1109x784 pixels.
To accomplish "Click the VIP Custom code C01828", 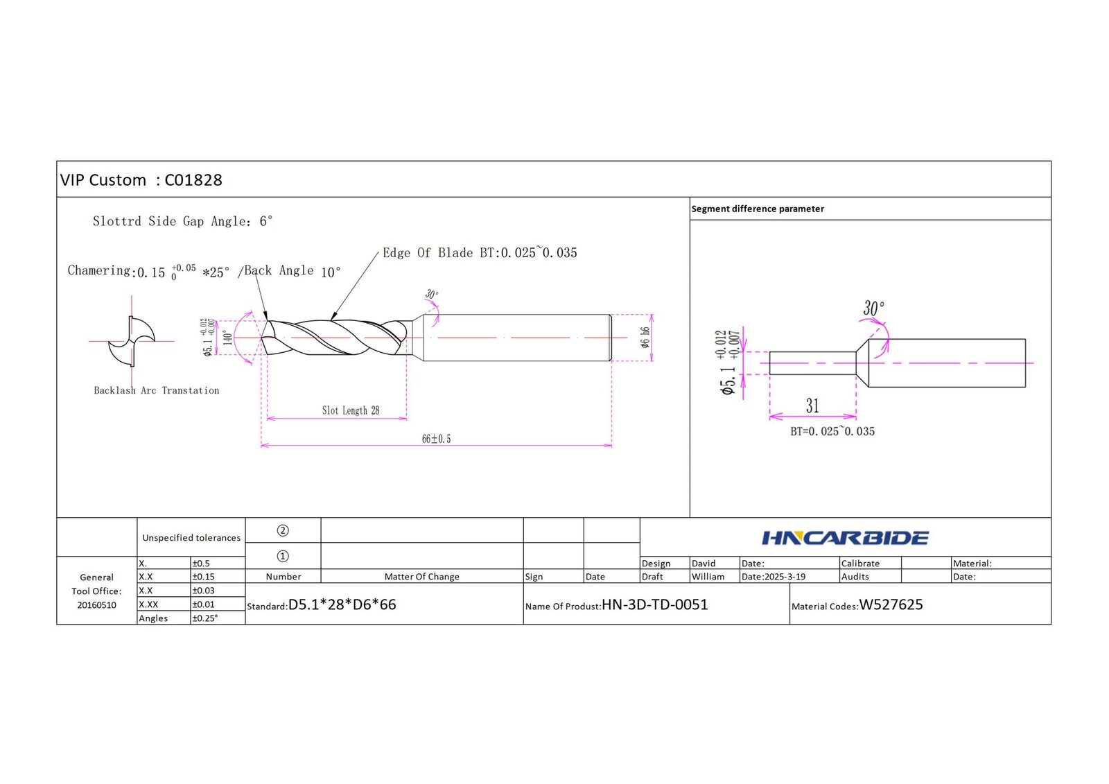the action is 193,180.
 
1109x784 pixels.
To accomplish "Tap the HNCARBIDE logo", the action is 845,538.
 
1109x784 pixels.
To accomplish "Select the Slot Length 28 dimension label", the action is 351,410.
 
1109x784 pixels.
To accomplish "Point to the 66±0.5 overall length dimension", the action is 436,439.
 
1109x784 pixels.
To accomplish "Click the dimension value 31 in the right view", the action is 812,406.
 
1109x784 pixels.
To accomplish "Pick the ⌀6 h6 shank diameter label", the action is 645,338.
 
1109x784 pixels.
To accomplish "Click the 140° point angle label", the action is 228,338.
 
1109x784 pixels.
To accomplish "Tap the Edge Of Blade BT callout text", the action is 480,252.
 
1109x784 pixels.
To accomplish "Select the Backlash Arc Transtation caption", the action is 157,390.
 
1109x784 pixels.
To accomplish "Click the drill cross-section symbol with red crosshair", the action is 132,341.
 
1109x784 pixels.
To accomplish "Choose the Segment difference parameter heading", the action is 758,209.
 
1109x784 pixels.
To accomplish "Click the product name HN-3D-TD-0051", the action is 654,604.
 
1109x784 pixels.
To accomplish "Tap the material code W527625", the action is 891,604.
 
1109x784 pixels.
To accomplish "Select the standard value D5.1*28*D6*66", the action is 342,604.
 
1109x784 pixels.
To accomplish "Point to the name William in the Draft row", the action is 708,577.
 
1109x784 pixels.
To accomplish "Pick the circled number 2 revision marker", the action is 283,530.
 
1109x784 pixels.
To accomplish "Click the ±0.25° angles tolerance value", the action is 205,618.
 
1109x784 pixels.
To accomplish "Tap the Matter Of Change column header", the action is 422,577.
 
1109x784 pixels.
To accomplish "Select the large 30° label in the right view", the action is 873,308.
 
